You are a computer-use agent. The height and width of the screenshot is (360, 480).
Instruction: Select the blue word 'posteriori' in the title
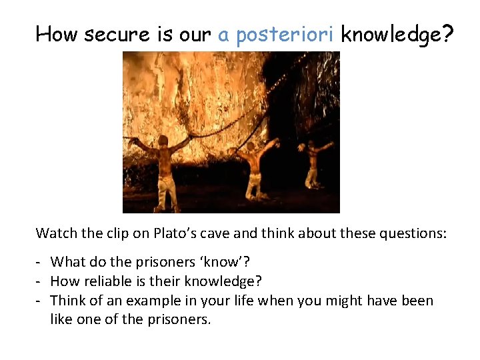click(285, 35)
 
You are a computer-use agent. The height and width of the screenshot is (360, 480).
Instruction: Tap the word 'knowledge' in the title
click(390, 35)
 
